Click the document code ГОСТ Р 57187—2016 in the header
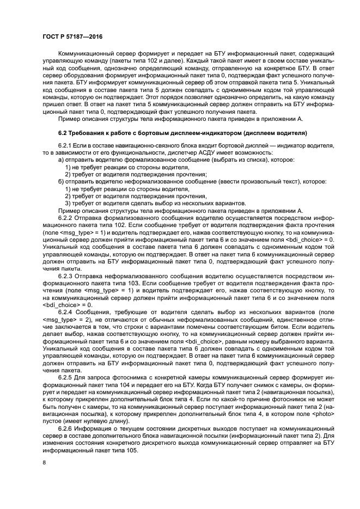click(72, 36)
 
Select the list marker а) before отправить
click(62, 161)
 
